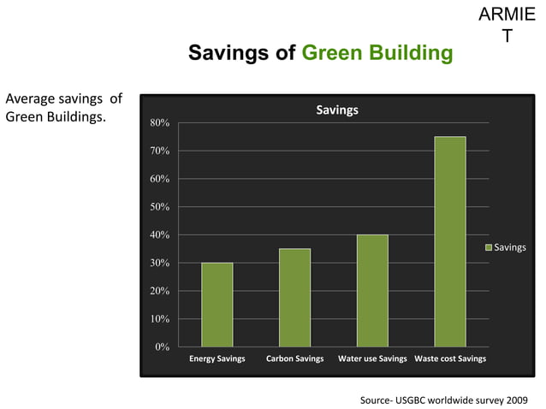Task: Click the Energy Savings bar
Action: (217, 305)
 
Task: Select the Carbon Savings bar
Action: (294, 298)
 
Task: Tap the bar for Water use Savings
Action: (372, 291)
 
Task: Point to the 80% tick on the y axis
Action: (159, 123)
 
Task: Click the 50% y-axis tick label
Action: (159, 207)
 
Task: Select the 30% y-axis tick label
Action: (159, 264)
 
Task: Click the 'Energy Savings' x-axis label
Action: (217, 359)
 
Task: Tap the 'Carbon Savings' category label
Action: (294, 359)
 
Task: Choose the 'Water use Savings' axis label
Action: (372, 359)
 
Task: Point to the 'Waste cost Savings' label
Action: (450, 359)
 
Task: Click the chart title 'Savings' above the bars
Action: (337, 110)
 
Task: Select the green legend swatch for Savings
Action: (489, 247)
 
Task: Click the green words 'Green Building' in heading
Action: (377, 54)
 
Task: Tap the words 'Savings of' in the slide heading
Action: (242, 54)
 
